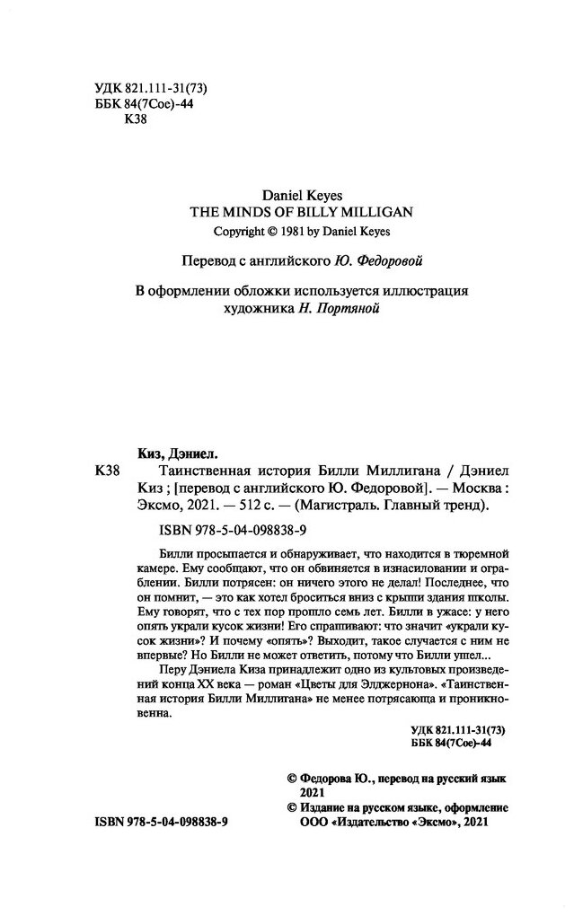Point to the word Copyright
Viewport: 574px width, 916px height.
(x=240, y=231)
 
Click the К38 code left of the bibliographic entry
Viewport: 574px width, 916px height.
(x=106, y=471)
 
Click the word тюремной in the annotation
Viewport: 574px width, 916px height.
(x=478, y=548)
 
